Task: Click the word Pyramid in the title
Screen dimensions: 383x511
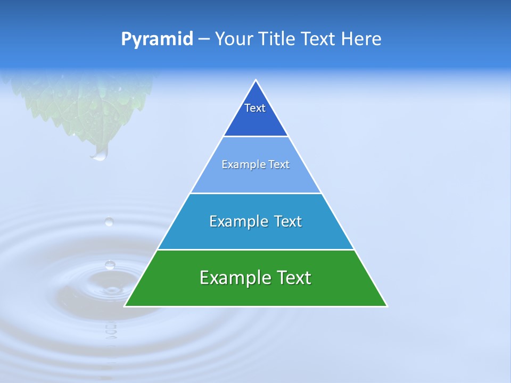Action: [x=156, y=39]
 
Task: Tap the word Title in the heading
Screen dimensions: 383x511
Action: [x=277, y=39]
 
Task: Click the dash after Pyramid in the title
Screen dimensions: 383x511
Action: [x=203, y=39]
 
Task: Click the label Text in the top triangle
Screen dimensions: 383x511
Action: [x=255, y=108]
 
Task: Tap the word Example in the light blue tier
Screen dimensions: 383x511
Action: [x=239, y=165]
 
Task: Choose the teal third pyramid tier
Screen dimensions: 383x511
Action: [x=256, y=234]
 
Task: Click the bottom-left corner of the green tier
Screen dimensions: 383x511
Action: [x=126, y=306]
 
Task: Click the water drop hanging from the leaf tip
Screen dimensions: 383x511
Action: [x=100, y=154]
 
